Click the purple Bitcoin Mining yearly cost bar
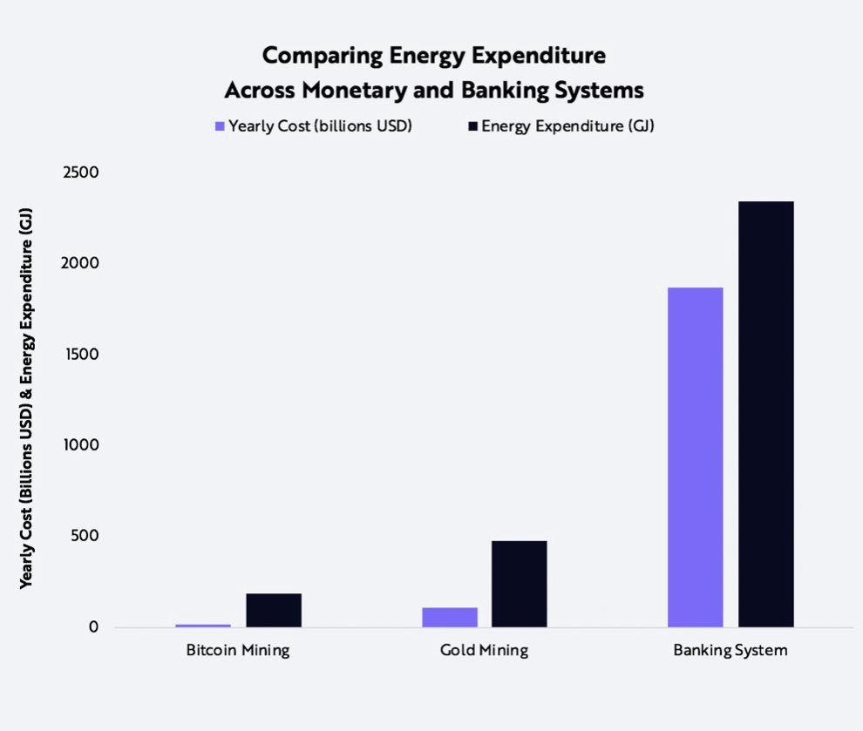point(203,625)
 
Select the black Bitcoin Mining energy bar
point(274,610)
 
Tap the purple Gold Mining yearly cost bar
point(450,617)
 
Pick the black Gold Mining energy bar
point(520,584)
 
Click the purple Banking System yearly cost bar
point(696,457)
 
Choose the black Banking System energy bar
point(766,414)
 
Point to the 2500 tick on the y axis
point(81,173)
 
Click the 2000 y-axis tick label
point(81,263)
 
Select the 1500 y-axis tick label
point(82,355)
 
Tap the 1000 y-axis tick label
point(82,445)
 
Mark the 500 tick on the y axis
point(87,536)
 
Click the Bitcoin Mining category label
point(238,651)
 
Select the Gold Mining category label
point(485,651)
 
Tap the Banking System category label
point(730,651)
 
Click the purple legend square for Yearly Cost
point(220,126)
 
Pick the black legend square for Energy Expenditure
point(473,126)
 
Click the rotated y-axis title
point(27,399)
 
